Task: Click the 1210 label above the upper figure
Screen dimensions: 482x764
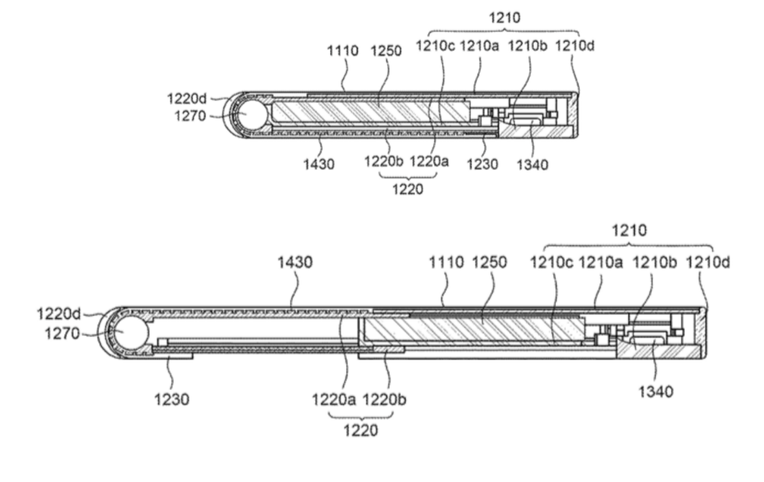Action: point(504,19)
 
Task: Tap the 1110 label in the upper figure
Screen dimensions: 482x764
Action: point(343,51)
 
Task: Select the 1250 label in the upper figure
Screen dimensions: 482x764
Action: point(386,51)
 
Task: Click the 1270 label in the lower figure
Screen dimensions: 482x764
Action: point(62,334)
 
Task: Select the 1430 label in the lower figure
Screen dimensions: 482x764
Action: point(298,262)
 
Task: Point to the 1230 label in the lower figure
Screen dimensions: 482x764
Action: point(173,399)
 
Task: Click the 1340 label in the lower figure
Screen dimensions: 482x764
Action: point(656,392)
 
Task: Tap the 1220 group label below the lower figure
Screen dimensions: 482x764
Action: point(360,431)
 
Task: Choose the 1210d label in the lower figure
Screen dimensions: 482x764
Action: point(710,262)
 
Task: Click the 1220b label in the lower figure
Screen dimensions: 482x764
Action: point(386,400)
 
